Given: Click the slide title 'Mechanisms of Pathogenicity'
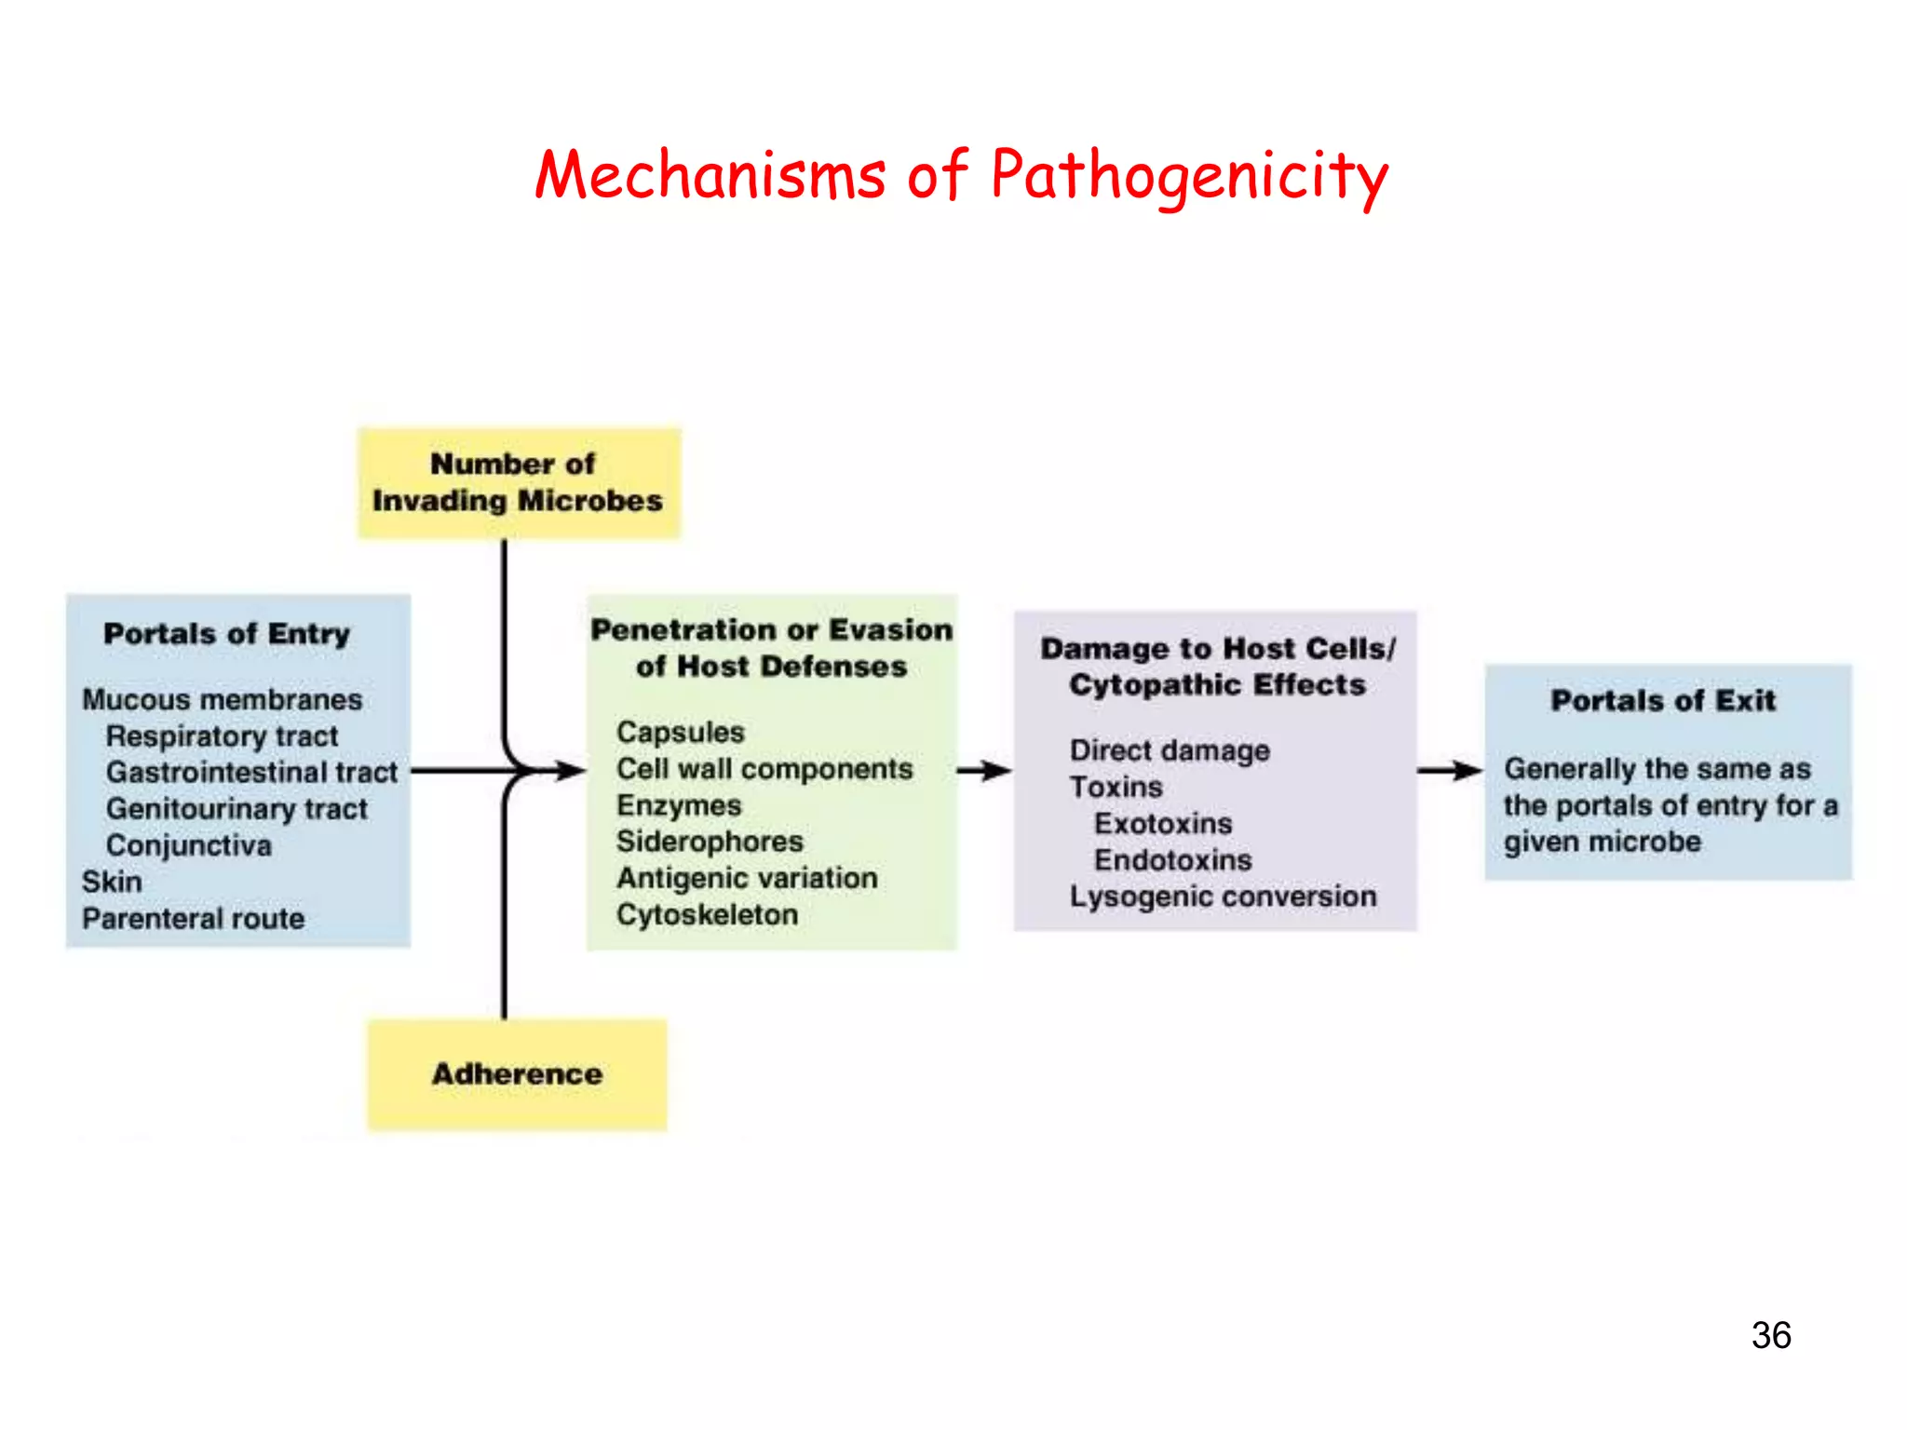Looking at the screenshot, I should [961, 176].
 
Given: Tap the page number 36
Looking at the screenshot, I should [1770, 1335].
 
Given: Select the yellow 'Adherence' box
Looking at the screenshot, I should [517, 1074].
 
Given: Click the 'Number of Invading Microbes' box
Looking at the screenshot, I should [518, 482].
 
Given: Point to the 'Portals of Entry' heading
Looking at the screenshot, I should [226, 634].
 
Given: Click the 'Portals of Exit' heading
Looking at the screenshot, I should [1663, 700].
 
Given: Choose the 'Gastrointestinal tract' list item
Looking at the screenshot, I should [251, 772].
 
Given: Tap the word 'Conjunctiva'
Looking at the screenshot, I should [189, 845].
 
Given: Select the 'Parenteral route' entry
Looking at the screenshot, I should [194, 919].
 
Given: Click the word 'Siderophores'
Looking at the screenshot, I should [710, 842].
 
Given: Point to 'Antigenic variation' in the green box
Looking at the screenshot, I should [747, 878].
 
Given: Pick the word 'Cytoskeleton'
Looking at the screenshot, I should [707, 914].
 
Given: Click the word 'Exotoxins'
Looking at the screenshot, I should [1163, 824].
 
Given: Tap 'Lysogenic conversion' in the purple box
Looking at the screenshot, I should [1223, 897].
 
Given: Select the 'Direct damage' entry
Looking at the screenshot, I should [1170, 750].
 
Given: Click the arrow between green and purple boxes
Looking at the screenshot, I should [984, 770].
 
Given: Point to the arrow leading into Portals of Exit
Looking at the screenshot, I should [1450, 770].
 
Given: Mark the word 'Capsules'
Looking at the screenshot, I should [681, 732].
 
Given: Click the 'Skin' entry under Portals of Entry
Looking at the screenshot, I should [112, 882].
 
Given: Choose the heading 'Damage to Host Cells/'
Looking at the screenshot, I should [1218, 648].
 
